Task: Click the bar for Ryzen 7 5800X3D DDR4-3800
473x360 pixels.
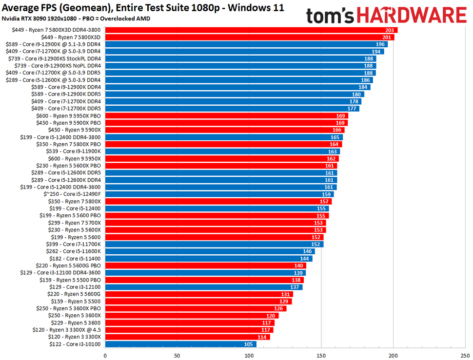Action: coord(251,30)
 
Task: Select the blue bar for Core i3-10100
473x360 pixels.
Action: coord(180,344)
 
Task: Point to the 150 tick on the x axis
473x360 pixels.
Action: coord(321,355)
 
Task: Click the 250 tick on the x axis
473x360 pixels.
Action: coord(465,355)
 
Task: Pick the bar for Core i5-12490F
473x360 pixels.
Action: coord(219,194)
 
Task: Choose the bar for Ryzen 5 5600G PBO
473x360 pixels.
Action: coord(206,265)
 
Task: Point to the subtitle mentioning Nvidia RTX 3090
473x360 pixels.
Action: coord(76,19)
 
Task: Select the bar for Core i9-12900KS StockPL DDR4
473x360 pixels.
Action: coord(240,58)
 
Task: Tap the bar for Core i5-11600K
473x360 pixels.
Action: coord(210,251)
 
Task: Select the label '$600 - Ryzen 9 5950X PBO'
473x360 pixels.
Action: coord(69,115)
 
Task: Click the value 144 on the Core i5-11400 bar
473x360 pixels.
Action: coord(305,259)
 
